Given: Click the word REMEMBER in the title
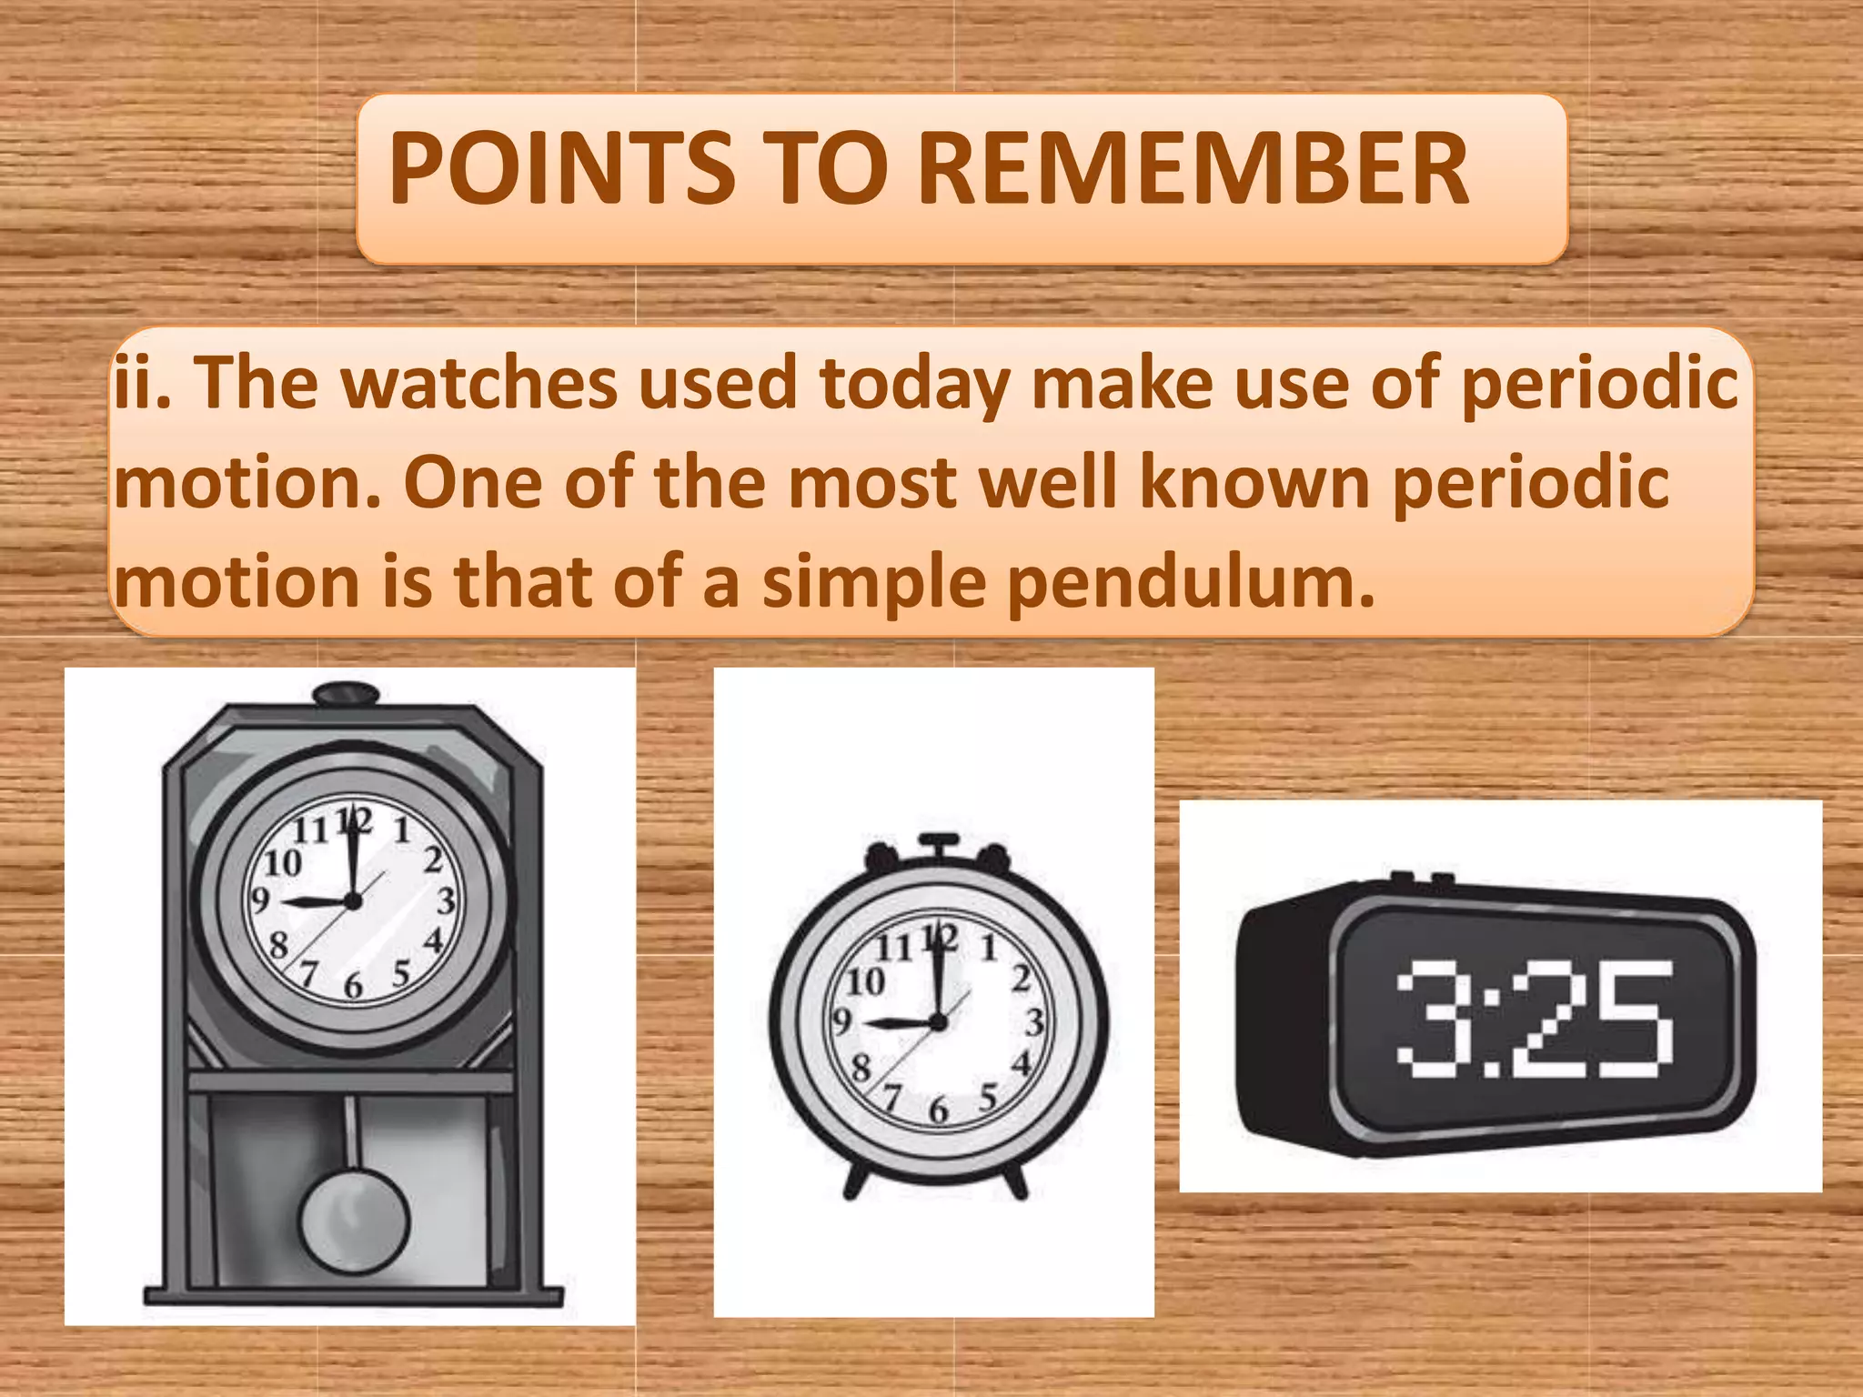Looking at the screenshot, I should click(x=1193, y=170).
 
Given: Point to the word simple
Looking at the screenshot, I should click(x=874, y=582).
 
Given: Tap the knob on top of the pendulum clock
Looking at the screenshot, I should click(x=347, y=694).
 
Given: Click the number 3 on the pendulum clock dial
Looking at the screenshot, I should click(x=446, y=900).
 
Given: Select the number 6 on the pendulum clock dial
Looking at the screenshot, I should click(x=353, y=985).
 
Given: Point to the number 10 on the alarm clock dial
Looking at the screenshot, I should click(x=865, y=981).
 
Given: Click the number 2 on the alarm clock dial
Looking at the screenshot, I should click(x=1022, y=978).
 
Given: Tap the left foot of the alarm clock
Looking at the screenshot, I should click(x=855, y=1182).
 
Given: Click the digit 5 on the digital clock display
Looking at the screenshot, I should click(x=1633, y=1019).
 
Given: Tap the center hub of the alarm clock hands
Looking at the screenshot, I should click(x=939, y=1022).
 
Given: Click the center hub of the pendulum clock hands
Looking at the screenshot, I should click(x=353, y=901).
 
